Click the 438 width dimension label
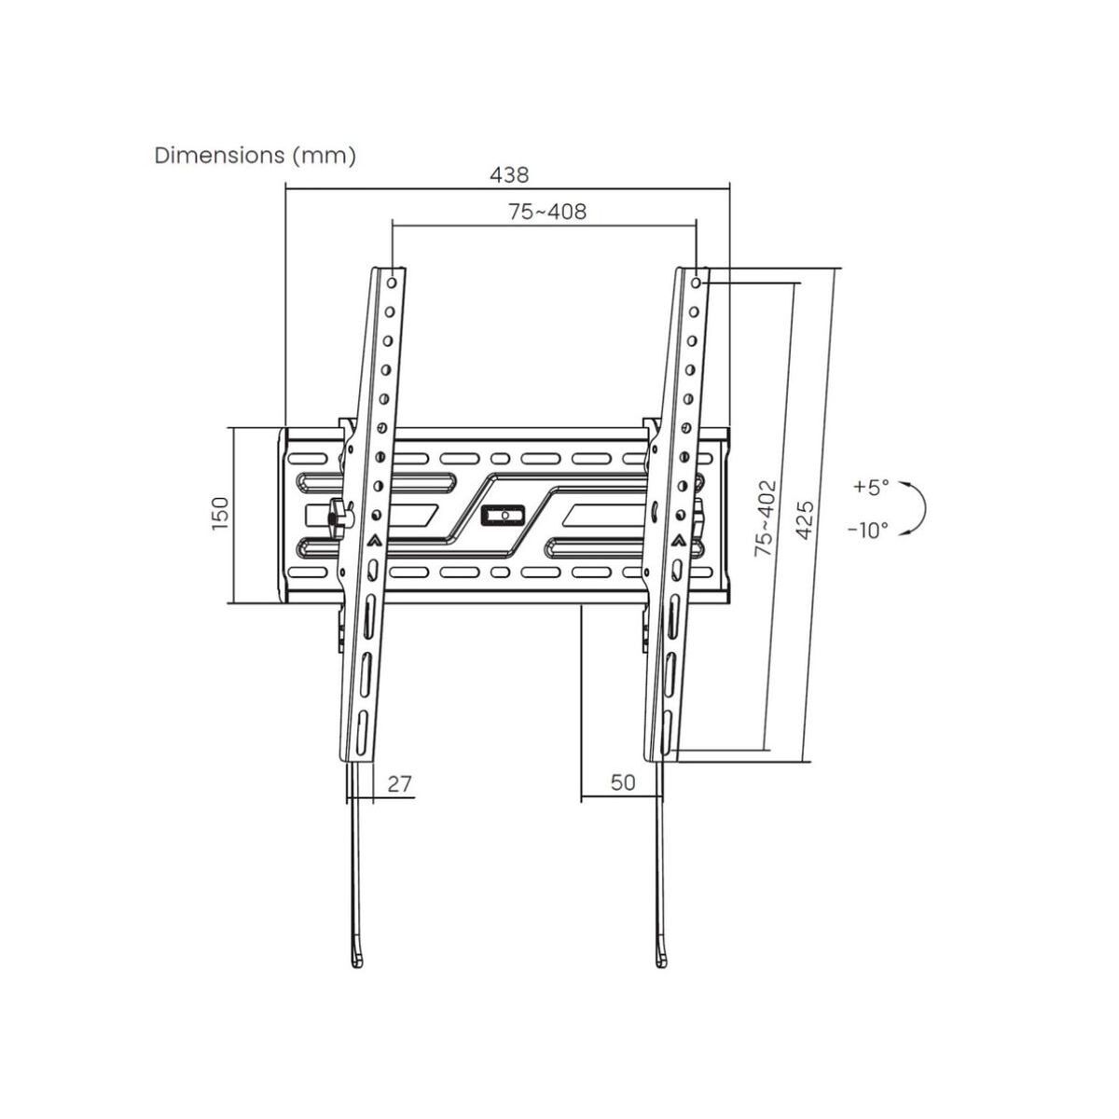509,174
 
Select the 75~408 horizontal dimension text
547,212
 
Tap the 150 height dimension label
221,513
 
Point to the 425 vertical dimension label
804,519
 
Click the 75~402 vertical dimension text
765,518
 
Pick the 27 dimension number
399,784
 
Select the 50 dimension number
623,782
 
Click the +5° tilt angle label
870,487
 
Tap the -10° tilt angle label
868,530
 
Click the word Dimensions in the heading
219,156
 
